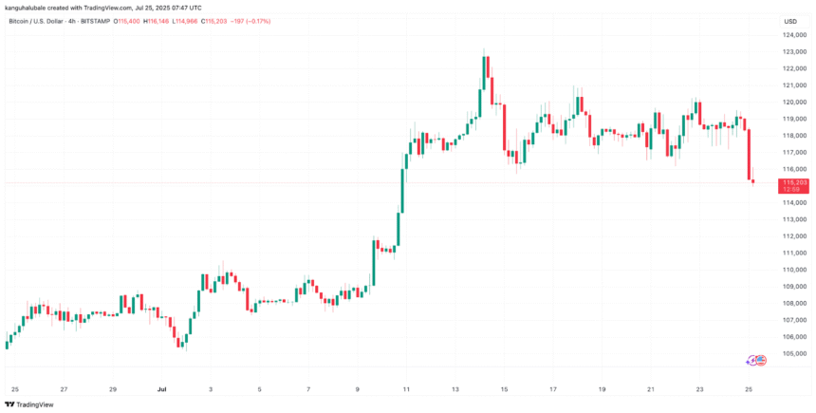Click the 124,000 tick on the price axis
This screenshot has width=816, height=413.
[795, 34]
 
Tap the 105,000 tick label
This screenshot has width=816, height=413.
[795, 353]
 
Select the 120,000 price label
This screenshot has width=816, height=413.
[795, 102]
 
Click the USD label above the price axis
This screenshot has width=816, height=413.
[789, 20]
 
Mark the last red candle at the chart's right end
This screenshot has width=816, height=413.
[753, 179]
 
